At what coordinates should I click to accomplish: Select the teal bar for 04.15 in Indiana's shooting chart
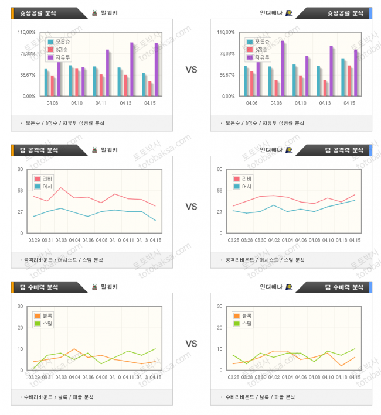point(343,77)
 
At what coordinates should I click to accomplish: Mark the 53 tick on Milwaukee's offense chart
point(21,190)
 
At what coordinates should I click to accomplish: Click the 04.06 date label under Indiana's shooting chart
point(251,103)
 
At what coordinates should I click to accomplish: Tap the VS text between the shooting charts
point(191,70)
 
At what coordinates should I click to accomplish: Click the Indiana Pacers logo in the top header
point(288,12)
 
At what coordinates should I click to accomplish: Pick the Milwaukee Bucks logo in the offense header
point(94,150)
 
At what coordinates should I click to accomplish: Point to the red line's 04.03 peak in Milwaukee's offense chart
point(61,188)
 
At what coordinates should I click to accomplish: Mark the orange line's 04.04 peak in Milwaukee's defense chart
point(74,349)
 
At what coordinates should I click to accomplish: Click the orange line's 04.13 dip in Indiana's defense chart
point(341,366)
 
